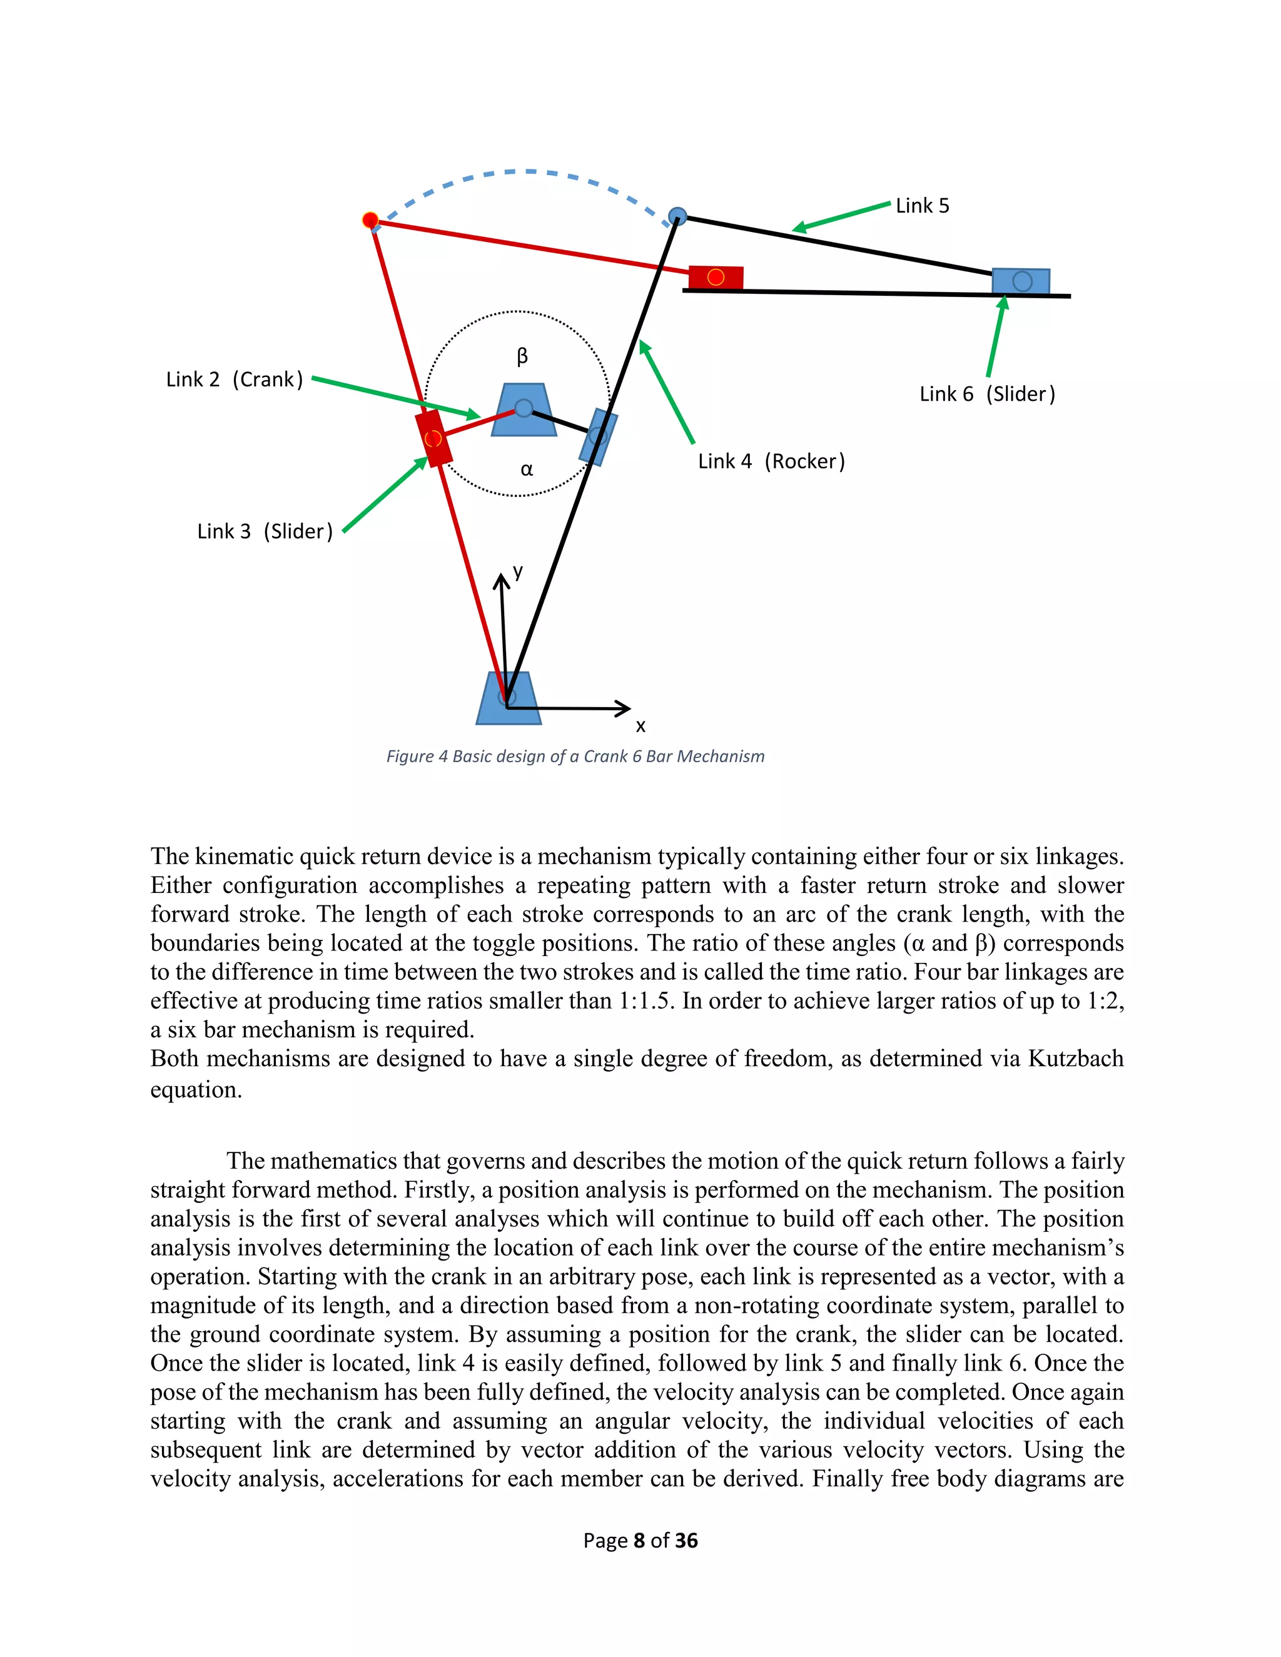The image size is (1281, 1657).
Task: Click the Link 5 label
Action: (922, 206)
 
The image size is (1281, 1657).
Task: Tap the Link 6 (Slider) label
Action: (986, 394)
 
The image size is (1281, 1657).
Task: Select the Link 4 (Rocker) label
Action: (771, 461)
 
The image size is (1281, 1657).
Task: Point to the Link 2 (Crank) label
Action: (235, 380)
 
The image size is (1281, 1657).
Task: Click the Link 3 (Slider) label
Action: (265, 531)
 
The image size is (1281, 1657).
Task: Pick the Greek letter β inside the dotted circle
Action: (522, 356)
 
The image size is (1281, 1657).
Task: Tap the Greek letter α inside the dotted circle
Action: (527, 470)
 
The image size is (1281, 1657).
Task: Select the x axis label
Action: (640, 726)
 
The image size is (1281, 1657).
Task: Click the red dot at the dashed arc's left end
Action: (370, 221)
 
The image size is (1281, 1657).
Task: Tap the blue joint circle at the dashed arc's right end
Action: (677, 217)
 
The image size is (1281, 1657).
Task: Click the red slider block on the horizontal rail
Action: (716, 278)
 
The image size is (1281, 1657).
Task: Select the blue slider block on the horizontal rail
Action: (1021, 281)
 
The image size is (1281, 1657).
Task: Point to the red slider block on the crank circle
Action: (433, 438)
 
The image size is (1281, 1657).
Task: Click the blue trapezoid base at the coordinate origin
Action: (509, 699)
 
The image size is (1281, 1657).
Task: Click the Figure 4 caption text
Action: (575, 757)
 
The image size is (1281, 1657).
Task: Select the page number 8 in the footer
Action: (639, 1540)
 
